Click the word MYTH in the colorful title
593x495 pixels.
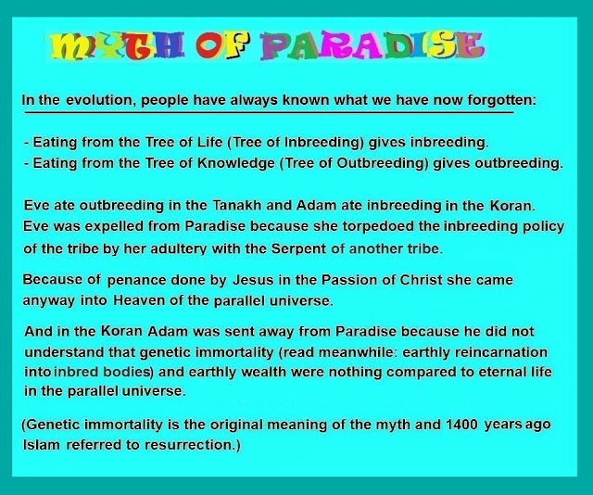coord(118,46)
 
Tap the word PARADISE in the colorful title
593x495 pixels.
coord(372,46)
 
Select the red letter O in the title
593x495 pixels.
coord(209,45)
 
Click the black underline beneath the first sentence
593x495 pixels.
coord(269,112)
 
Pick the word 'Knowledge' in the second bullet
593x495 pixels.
coord(236,163)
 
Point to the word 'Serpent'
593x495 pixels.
coord(298,249)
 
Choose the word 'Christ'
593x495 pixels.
coord(421,280)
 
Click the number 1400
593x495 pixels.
coord(461,425)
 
